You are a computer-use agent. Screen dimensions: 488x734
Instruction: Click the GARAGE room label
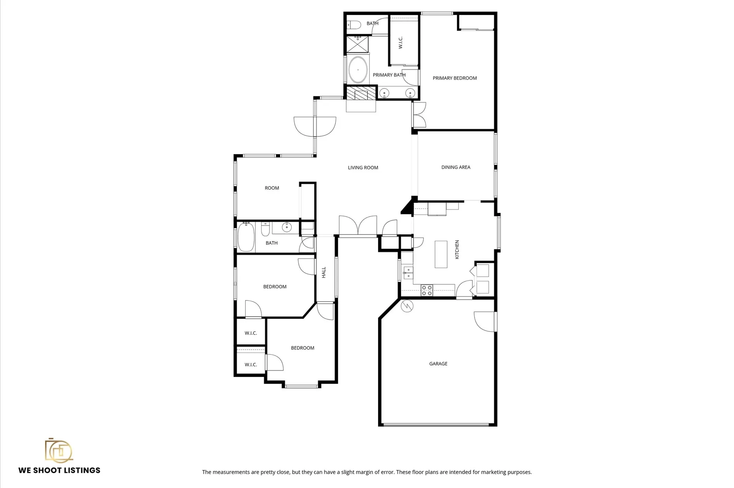[438, 364]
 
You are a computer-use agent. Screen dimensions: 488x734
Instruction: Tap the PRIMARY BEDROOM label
[454, 78]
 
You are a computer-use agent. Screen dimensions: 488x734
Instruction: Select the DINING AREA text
[455, 167]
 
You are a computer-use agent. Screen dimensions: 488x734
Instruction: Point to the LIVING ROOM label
[363, 168]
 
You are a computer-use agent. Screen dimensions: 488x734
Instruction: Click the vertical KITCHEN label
[457, 250]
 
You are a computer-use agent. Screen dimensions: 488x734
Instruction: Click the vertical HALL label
[324, 272]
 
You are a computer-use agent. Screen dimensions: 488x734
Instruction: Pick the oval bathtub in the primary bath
[358, 70]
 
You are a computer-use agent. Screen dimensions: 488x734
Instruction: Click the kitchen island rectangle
[441, 254]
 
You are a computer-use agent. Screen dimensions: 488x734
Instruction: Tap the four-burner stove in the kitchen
[426, 290]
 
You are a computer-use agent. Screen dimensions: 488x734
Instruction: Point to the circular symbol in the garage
[407, 306]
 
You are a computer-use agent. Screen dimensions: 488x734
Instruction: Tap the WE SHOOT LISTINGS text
[59, 470]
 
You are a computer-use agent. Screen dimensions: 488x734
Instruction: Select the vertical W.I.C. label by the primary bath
[400, 43]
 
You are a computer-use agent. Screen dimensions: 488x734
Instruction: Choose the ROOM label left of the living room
[272, 188]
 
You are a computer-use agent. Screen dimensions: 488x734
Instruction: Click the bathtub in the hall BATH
[246, 237]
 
